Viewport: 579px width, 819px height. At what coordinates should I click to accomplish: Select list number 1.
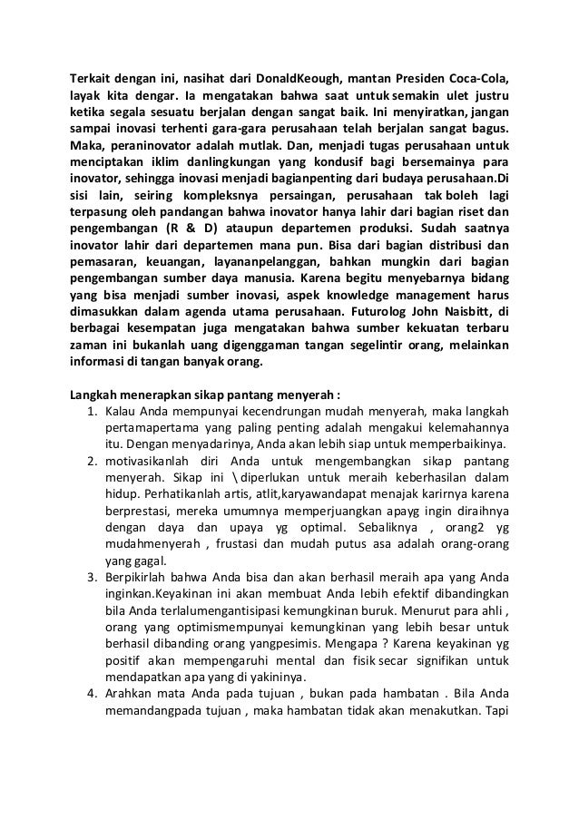(x=92, y=413)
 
